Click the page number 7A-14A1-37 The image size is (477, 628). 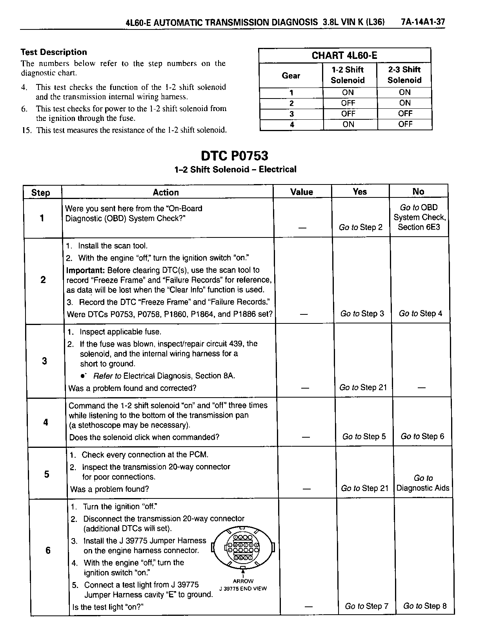point(423,22)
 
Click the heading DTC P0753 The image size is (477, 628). point(235,156)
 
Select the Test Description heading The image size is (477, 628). point(54,52)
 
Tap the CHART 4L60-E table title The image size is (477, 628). point(344,56)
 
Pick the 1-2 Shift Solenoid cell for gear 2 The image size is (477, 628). point(348,103)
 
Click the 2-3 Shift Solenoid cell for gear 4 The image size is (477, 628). point(405,124)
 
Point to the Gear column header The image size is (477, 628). point(291,75)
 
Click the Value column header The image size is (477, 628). point(302,192)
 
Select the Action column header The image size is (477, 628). point(166,192)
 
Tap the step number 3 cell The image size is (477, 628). point(44,361)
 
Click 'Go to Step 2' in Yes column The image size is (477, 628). point(360,227)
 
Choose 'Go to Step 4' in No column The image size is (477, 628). point(420,314)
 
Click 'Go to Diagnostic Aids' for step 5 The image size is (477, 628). point(423,483)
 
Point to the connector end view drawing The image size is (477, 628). point(243,547)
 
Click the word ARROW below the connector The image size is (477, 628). point(243,581)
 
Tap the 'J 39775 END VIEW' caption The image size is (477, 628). point(243,588)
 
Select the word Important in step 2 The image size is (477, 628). point(85,270)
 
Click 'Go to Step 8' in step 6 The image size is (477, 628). point(425,606)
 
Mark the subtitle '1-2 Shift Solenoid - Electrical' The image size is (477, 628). point(235,170)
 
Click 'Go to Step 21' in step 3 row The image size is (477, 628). point(363,388)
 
